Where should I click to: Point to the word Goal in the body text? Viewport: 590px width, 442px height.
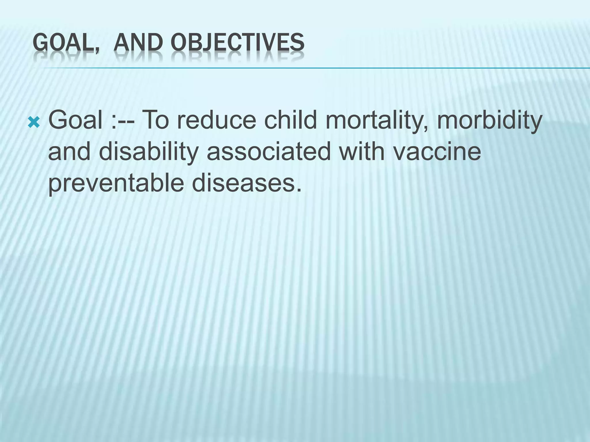click(x=75, y=120)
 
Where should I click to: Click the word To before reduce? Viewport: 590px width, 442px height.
click(x=156, y=120)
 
